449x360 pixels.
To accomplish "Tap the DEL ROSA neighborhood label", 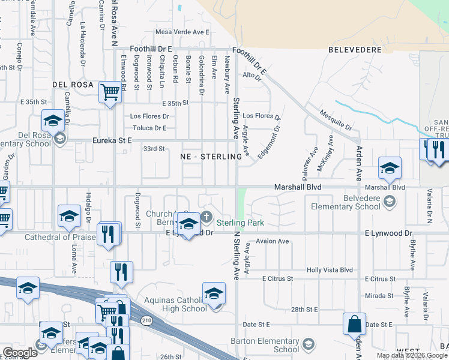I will click(x=73, y=85).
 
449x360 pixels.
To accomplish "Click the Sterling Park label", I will click(x=240, y=223).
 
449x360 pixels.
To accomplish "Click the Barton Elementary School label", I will click(x=265, y=345).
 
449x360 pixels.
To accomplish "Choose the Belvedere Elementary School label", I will click(x=345, y=202).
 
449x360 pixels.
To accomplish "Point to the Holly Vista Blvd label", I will click(x=330, y=270).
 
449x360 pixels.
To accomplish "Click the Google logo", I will click(x=20, y=352).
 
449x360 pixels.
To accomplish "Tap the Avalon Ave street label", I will click(x=273, y=241).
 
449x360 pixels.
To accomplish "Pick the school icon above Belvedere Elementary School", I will click(x=390, y=167).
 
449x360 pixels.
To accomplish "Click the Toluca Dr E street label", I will click(x=149, y=128).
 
